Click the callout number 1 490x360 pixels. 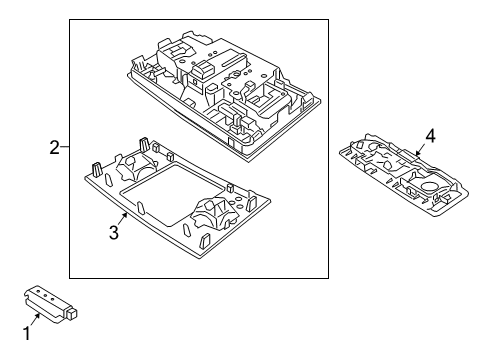click(27, 333)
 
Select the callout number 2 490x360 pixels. click(55, 147)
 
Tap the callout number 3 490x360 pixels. click(114, 232)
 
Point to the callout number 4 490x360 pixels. click(430, 136)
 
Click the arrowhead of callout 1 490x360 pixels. click(38, 316)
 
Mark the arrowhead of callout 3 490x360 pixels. click(126, 216)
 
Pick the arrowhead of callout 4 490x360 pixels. click(418, 153)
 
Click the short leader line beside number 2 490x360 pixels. click(65, 147)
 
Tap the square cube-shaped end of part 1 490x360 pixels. click(73, 313)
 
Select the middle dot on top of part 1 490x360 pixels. click(45, 295)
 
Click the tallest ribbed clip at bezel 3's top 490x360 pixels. click(144, 144)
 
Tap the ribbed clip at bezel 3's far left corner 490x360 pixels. click(96, 169)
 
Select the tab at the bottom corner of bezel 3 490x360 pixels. click(204, 241)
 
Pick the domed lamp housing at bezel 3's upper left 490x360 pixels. click(135, 167)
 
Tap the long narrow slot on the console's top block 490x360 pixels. click(232, 63)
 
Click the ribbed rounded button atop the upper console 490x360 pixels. click(203, 68)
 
